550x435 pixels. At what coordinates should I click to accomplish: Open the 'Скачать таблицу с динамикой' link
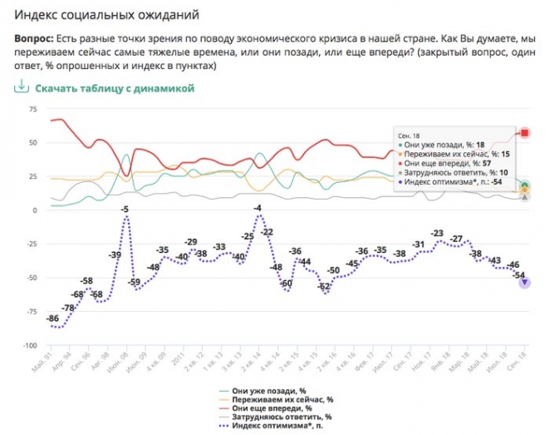point(114,87)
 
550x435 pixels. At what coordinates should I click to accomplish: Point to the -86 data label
point(52,319)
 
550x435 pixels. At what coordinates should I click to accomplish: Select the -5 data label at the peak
point(124,210)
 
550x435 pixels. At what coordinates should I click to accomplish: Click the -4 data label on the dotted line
point(258,208)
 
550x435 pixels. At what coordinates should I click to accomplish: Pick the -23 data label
point(437,234)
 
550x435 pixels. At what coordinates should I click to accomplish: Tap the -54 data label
point(518,274)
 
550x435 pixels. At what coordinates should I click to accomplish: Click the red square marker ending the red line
point(525,133)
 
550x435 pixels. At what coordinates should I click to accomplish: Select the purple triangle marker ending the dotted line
point(525,283)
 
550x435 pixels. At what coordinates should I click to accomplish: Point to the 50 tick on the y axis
point(32,142)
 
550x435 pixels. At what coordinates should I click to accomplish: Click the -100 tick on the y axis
point(31,345)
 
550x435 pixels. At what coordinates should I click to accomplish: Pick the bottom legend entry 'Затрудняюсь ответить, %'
point(283,417)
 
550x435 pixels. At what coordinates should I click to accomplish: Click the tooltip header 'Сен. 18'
point(407,135)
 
